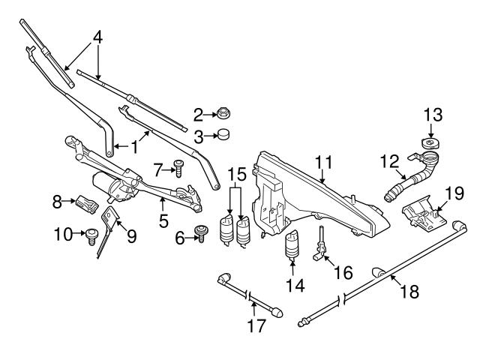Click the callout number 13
tap(433, 115)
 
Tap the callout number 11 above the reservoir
tap(323, 161)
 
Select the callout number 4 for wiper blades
tap(97, 36)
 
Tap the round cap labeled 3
tap(223, 136)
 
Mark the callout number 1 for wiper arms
tap(134, 148)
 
